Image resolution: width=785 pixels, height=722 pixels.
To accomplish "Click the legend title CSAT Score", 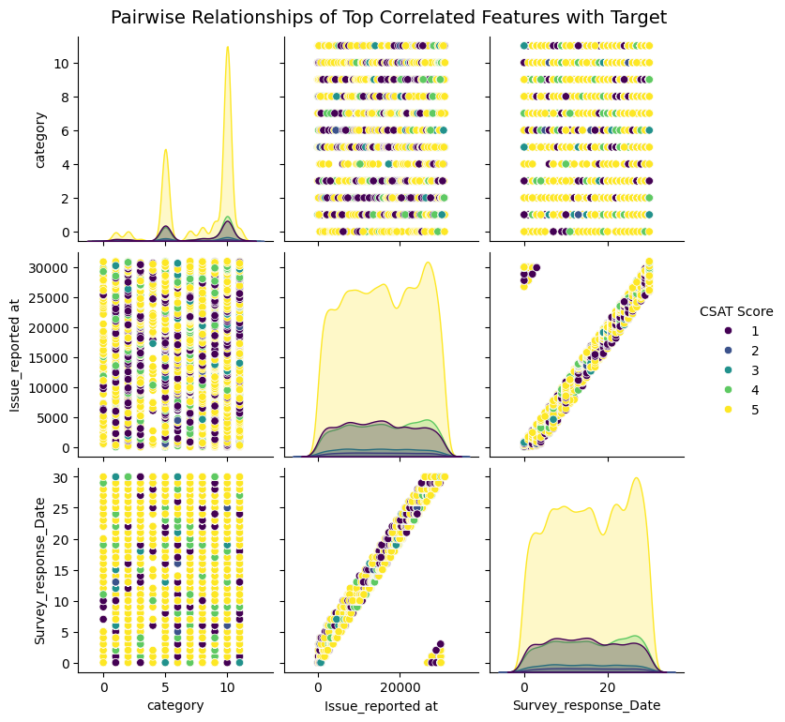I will click(x=735, y=310).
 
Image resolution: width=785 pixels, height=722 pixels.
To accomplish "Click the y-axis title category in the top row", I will click(x=40, y=138).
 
